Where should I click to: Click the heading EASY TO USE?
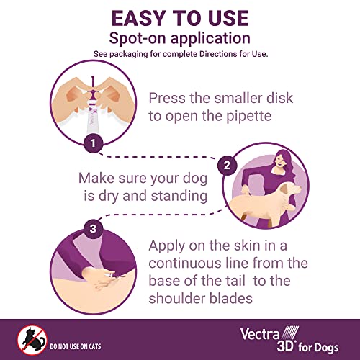(x=179, y=17)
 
